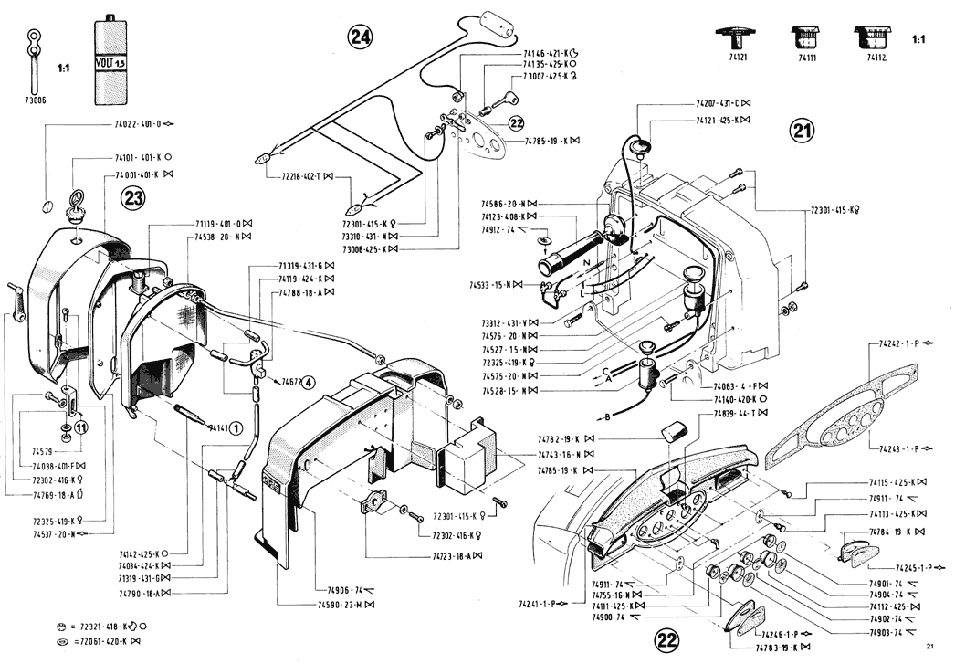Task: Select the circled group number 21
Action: click(x=801, y=132)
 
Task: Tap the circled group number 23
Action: click(x=133, y=200)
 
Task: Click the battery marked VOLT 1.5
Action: click(x=110, y=60)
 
